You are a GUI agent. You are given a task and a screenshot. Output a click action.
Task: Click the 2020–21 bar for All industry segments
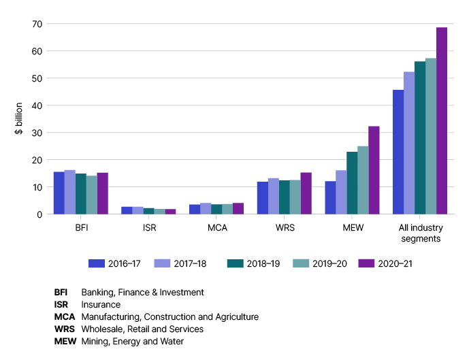[x=442, y=121]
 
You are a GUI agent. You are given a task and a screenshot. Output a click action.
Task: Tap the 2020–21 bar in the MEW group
[x=374, y=170]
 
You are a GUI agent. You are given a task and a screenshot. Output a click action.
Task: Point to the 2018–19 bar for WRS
[x=284, y=197]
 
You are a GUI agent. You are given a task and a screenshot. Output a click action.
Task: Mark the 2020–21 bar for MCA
[x=238, y=208]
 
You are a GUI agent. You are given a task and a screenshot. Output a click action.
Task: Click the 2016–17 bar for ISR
[x=127, y=210]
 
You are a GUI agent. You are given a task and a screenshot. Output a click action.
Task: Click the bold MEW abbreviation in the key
[x=65, y=342]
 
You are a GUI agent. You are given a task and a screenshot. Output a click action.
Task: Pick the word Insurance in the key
[x=101, y=305]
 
